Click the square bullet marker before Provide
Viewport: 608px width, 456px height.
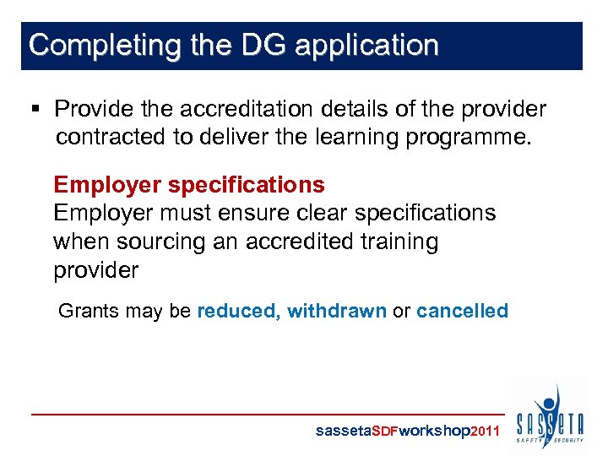35,110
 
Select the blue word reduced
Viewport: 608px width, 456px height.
236,311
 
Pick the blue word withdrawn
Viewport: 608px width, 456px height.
336,311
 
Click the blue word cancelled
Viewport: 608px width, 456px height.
462,311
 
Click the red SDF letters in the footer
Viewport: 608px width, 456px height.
385,431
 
